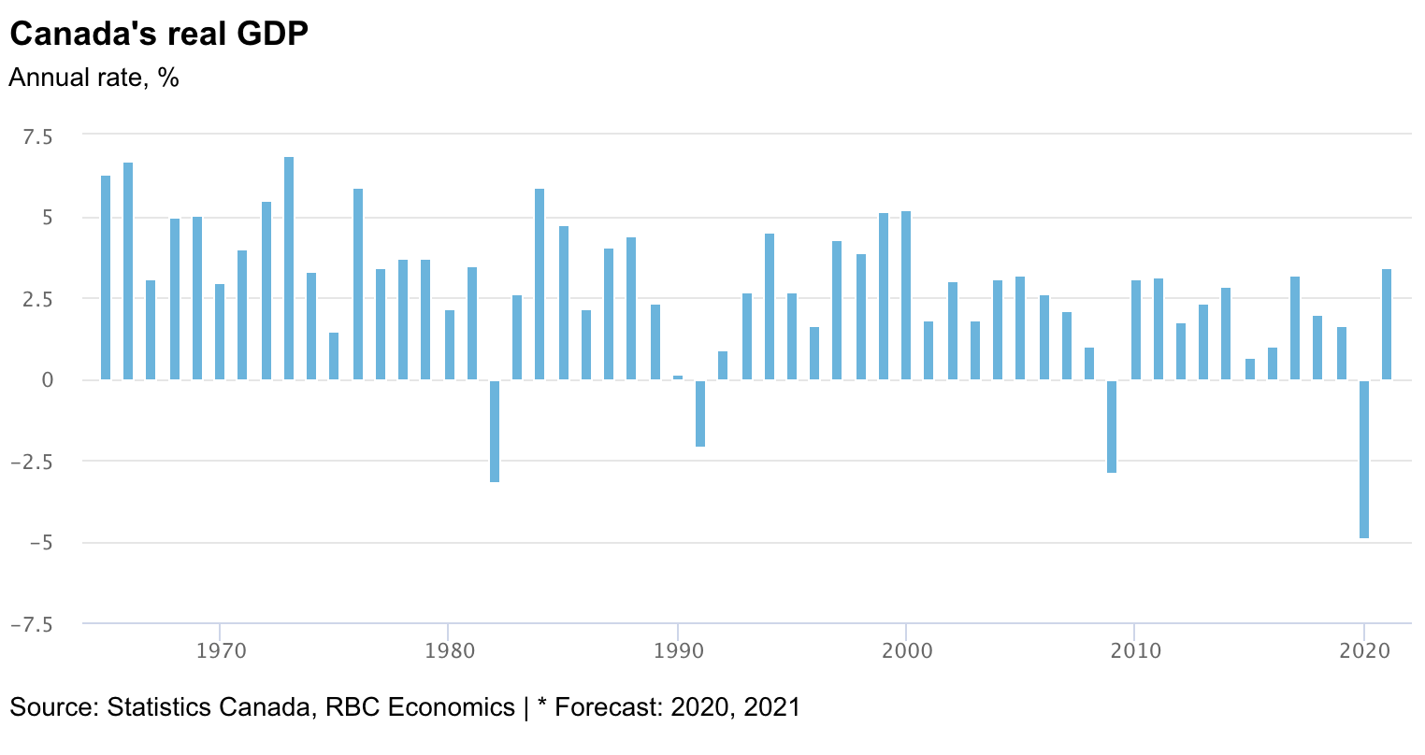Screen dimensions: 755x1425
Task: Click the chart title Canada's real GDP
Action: (158, 35)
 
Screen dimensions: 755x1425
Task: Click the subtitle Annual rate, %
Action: (94, 78)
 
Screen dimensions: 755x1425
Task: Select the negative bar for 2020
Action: (1364, 459)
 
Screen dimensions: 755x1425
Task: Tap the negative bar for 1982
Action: (495, 431)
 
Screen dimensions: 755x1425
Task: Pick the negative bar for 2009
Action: (1112, 426)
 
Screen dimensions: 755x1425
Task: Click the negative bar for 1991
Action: (699, 413)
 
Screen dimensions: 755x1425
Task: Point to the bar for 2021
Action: (1387, 325)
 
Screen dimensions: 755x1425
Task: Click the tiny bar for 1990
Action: (678, 377)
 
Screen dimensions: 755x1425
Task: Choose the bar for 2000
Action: (906, 296)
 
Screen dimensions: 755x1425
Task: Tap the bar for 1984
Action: (540, 285)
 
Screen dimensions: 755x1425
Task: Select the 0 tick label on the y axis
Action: (47, 380)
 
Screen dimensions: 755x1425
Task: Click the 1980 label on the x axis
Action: (449, 649)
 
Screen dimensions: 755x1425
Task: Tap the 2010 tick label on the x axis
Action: (1134, 649)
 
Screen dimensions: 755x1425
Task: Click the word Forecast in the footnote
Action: (602, 706)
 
